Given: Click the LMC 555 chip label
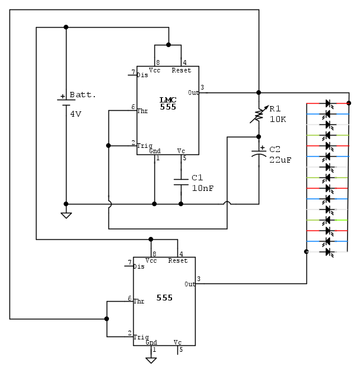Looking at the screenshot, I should pos(167,103).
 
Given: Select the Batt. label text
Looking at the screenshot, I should pos(82,95).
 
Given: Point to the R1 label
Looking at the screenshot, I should pos(275,108).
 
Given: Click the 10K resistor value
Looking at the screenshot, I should pos(278,119).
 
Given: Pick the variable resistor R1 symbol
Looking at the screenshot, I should pos(259,114).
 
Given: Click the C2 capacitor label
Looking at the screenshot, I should pos(275,149).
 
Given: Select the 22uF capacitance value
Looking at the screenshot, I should pos(280,160).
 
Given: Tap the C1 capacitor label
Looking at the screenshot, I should pos(197,177).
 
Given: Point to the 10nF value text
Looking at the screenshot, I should pos(202,188).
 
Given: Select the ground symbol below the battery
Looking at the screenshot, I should pos(66,214).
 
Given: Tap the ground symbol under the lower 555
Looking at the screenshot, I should pos(151,359).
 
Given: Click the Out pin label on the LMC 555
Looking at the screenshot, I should pos(193,93).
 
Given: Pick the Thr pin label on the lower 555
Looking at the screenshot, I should pos(138,301).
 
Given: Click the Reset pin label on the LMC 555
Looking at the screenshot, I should pos(181,71).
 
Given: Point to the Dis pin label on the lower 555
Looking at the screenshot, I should pos(138,266).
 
